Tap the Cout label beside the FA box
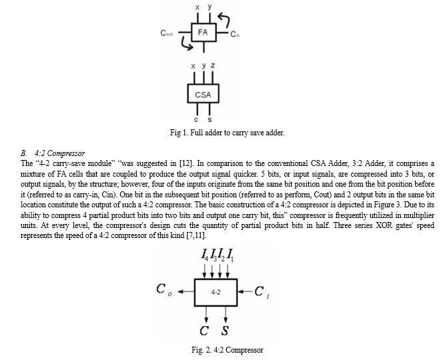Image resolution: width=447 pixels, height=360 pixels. point(167,33)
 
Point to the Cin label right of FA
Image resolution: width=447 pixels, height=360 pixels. point(235,34)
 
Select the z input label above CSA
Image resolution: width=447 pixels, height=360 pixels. point(213,65)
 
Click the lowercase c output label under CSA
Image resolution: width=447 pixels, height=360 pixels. point(196,119)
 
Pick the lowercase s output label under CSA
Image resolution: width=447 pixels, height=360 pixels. point(209,119)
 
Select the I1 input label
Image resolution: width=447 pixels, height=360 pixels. point(231,255)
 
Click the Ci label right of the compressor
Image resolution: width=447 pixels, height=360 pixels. point(262,291)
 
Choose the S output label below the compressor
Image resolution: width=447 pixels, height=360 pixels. point(225,331)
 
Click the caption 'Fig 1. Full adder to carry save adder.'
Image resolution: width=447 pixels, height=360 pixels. point(228,133)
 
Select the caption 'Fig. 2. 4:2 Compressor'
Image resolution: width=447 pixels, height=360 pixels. point(228,350)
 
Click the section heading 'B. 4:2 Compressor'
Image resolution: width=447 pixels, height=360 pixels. point(53,153)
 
